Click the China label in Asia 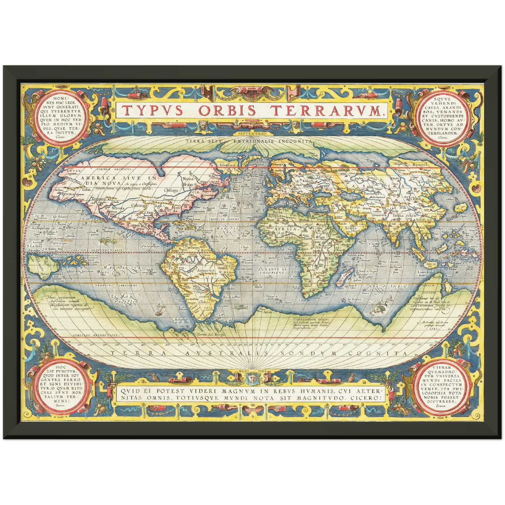415,199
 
